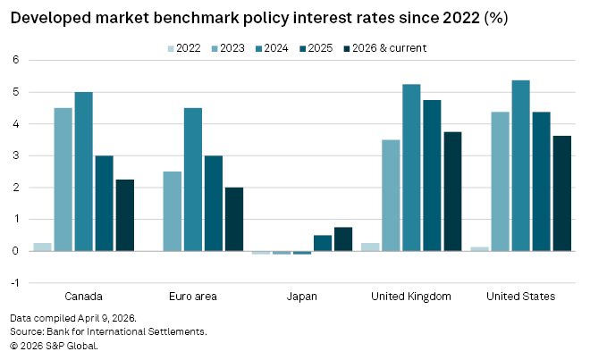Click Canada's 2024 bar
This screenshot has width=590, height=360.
83,172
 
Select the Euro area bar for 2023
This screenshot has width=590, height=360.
173,211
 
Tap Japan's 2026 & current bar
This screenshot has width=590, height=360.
343,239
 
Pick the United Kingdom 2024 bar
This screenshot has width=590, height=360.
411,167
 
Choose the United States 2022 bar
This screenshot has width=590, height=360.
479,248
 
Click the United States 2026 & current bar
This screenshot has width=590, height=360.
561,193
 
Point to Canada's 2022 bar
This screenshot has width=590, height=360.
42,247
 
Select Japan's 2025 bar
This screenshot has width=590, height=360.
323,243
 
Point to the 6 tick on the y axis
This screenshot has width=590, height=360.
14,60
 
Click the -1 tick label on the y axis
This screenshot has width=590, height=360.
13,283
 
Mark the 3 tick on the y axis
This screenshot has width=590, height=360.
14,155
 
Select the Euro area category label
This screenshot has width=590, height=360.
193,296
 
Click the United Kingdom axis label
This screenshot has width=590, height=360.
411,296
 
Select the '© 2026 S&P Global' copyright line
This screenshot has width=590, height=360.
54,345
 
